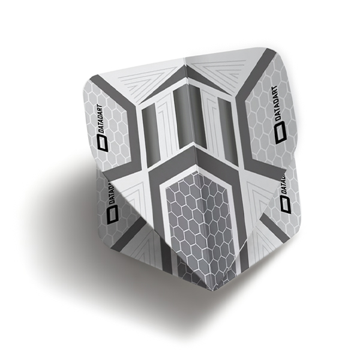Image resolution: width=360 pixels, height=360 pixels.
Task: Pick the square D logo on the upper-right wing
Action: [x=281, y=133]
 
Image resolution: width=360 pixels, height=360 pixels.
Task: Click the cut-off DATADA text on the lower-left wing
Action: [x=112, y=193]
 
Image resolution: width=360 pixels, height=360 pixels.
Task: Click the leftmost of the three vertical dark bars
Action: [x=149, y=136]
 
